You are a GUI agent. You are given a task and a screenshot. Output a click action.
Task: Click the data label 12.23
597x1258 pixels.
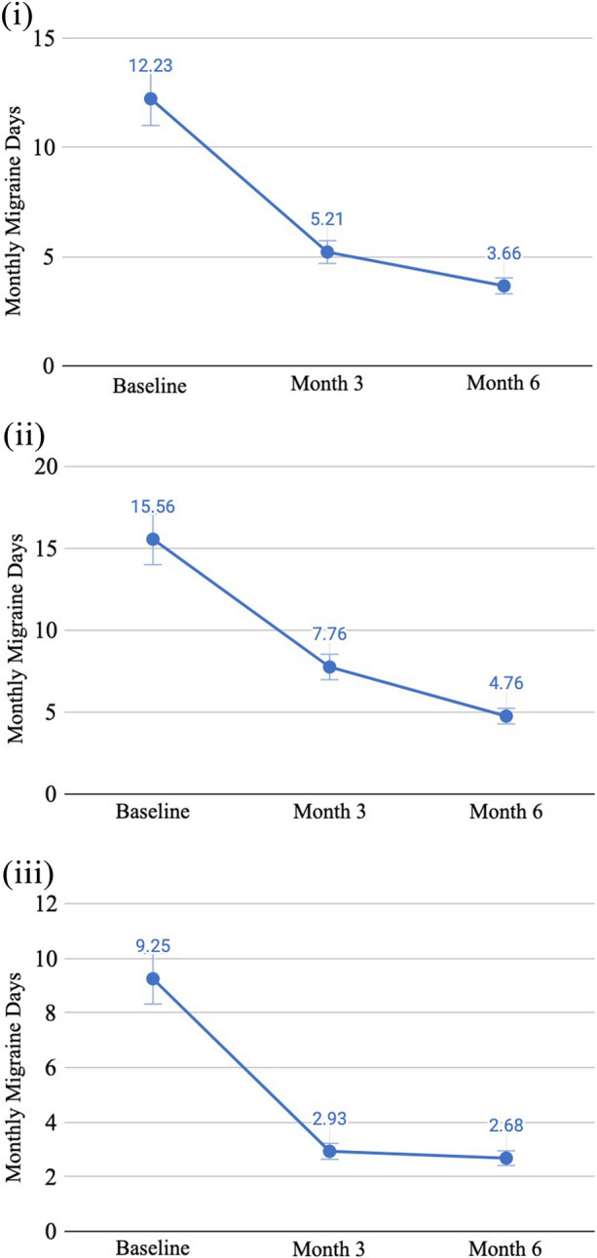pyautogui.click(x=151, y=65)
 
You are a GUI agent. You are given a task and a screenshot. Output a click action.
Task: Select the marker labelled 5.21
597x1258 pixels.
pyautogui.click(x=327, y=251)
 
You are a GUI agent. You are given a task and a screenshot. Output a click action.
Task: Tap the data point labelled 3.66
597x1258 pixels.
pyautogui.click(x=504, y=286)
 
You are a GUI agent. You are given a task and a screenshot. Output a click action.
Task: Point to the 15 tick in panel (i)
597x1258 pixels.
pyautogui.click(x=46, y=38)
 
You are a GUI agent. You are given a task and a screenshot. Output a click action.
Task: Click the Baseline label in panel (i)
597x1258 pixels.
pyautogui.click(x=150, y=384)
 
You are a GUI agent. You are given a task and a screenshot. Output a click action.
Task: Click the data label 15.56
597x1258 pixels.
pyautogui.click(x=151, y=507)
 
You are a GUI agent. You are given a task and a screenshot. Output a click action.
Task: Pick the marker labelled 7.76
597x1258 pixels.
pyautogui.click(x=329, y=667)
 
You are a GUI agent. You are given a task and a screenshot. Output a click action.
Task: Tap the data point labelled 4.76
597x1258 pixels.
pyautogui.click(x=505, y=716)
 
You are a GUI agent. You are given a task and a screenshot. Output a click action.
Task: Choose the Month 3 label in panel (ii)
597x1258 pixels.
pyautogui.click(x=328, y=811)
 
